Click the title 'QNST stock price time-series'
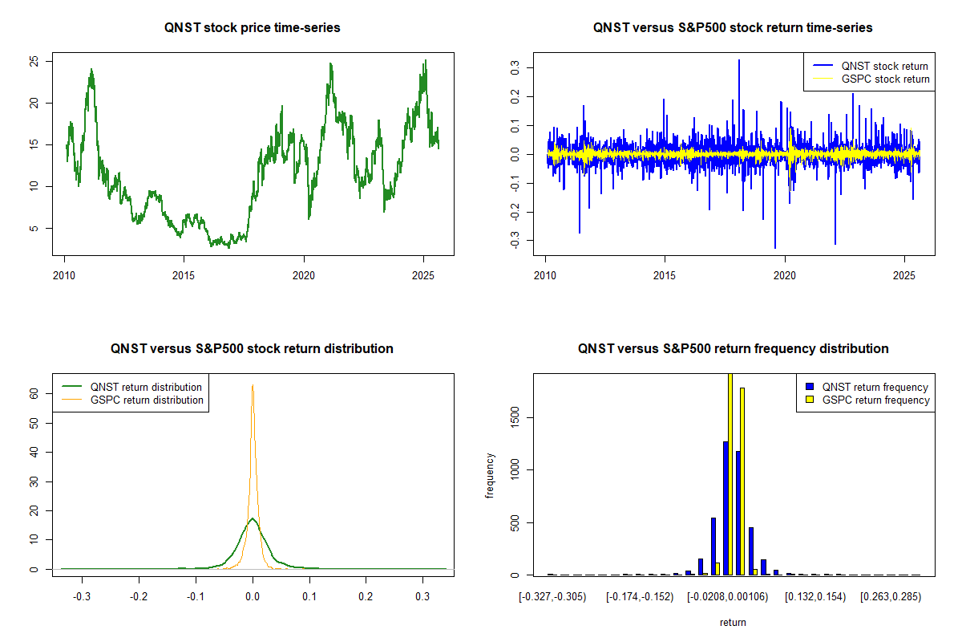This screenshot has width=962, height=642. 252,28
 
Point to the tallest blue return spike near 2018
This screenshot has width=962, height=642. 738,61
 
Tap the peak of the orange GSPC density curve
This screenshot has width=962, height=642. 253,386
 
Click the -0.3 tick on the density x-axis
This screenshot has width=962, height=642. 82,597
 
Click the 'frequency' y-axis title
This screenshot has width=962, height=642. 490,476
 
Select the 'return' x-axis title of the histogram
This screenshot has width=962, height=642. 733,622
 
